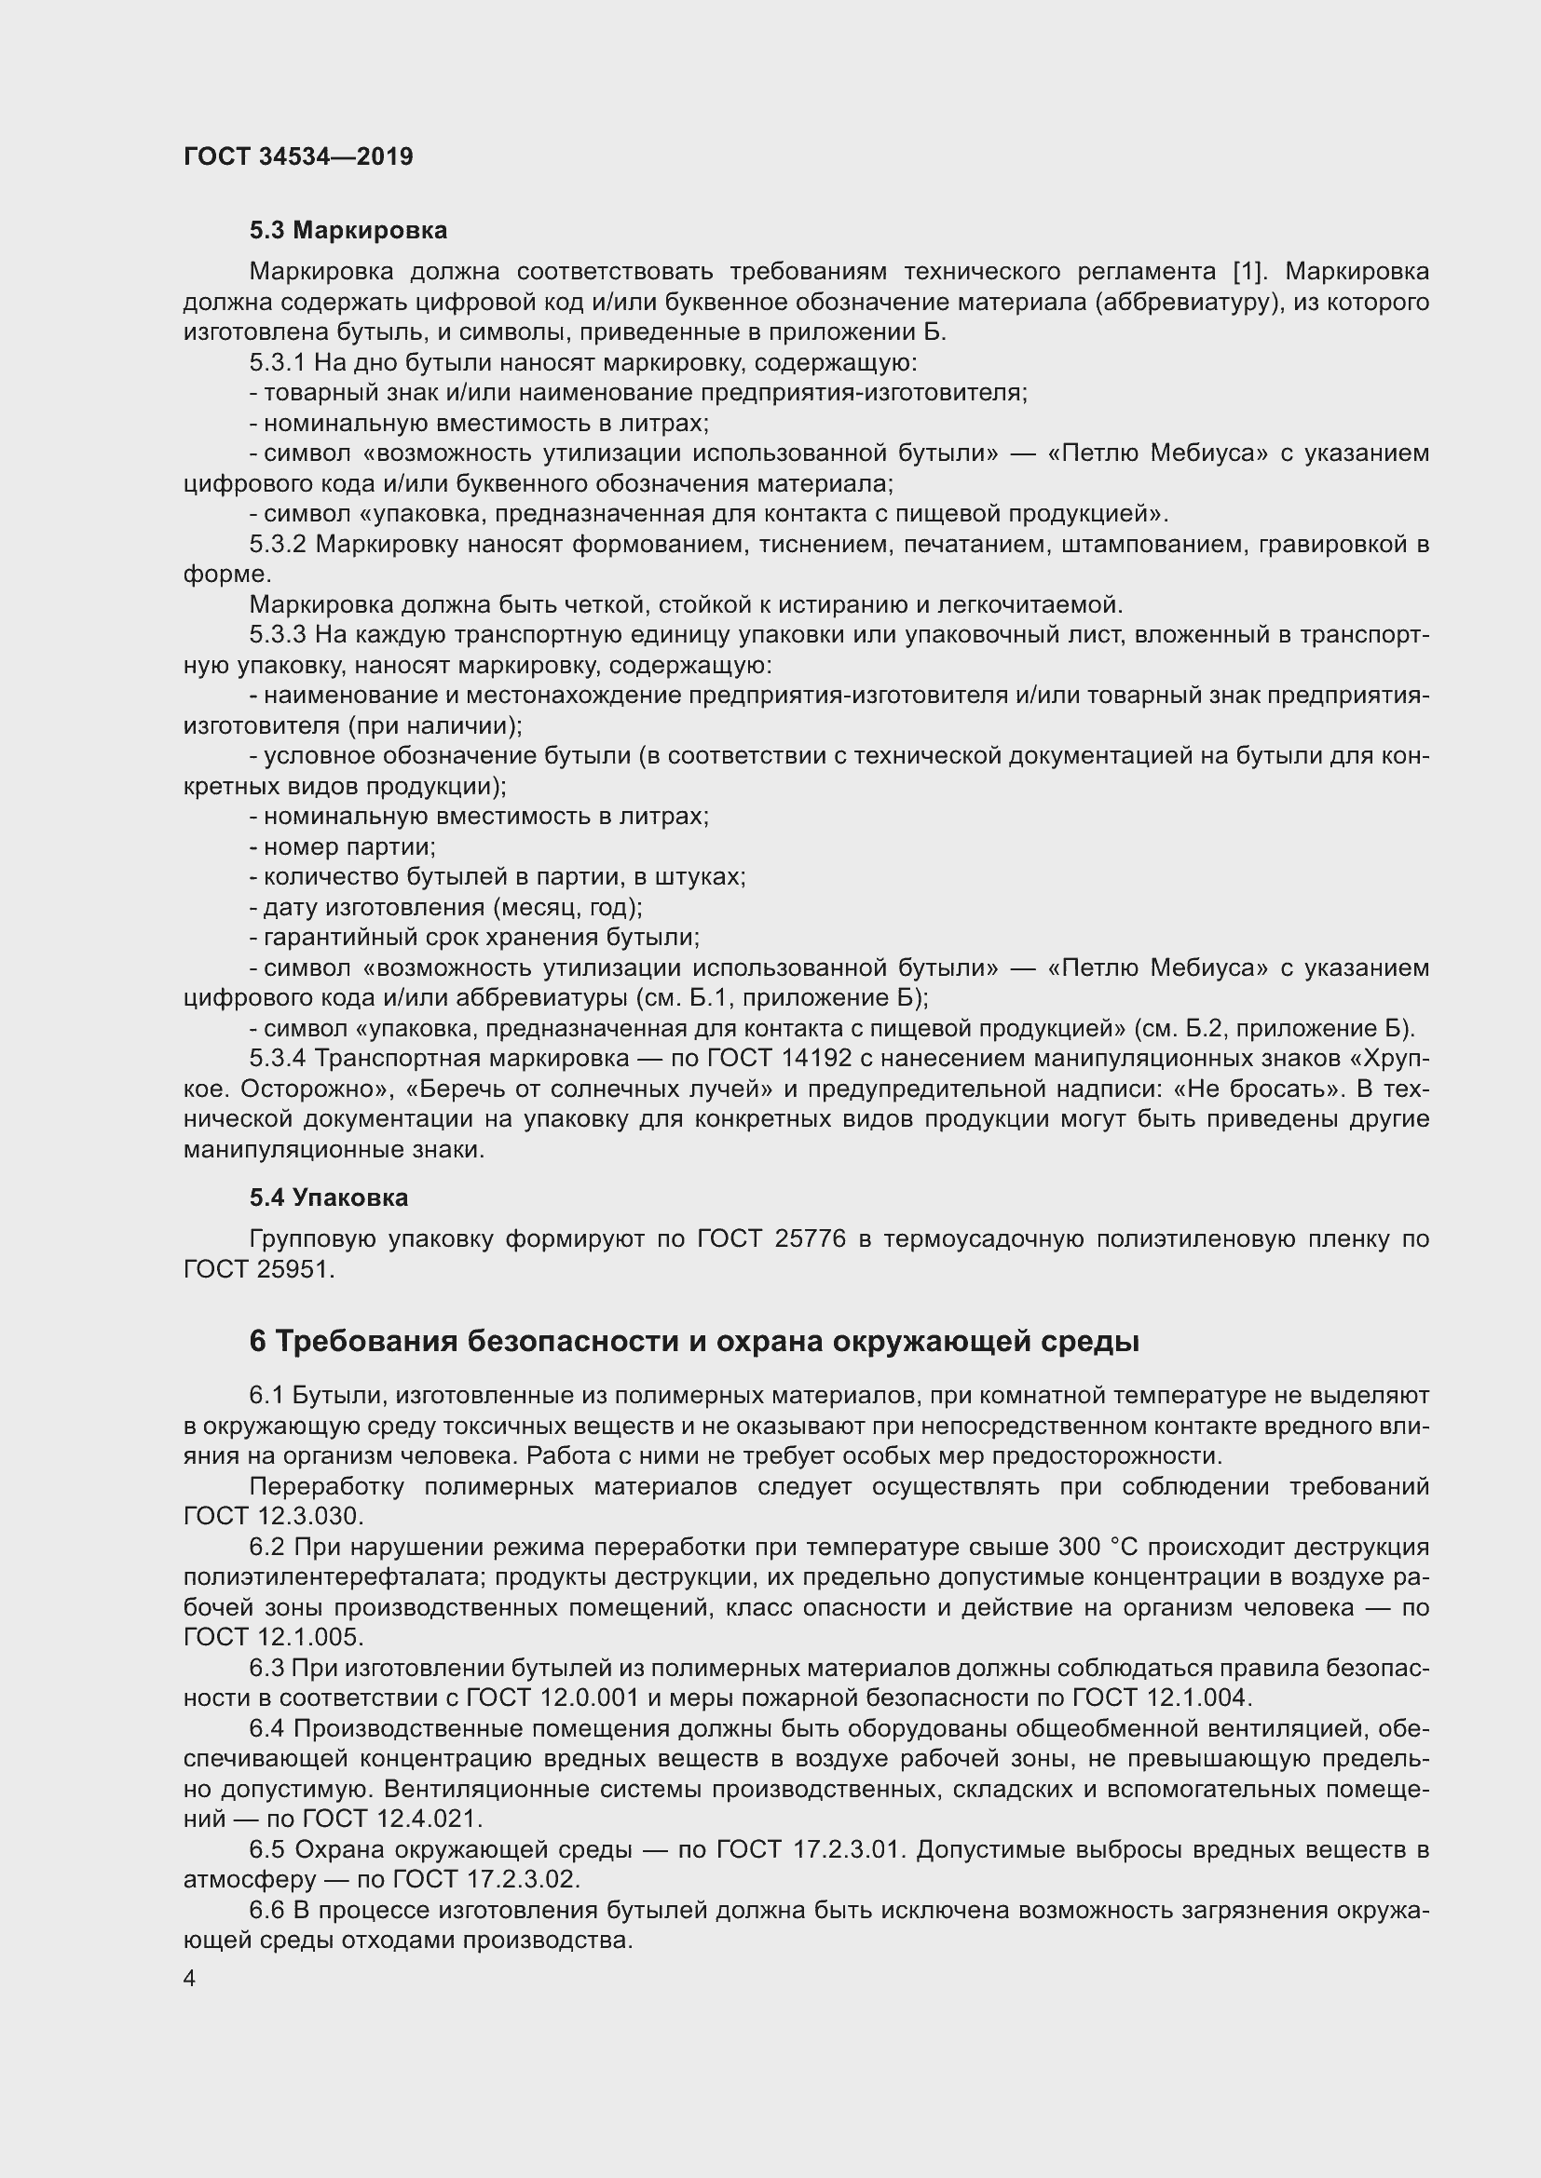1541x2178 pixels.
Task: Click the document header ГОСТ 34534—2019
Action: [298, 156]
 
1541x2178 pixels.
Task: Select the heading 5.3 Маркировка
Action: [348, 230]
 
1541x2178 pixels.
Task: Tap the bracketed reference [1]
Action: [1248, 271]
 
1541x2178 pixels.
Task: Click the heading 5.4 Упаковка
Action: [328, 1197]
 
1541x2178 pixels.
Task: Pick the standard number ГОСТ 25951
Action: [258, 1269]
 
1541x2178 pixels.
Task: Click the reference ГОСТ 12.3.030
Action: [272, 1516]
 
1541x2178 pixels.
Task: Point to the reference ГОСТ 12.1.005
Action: [272, 1637]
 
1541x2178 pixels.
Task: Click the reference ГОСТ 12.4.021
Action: [392, 1819]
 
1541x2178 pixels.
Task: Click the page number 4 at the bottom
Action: [190, 1978]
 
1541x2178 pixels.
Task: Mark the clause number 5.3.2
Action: [278, 545]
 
